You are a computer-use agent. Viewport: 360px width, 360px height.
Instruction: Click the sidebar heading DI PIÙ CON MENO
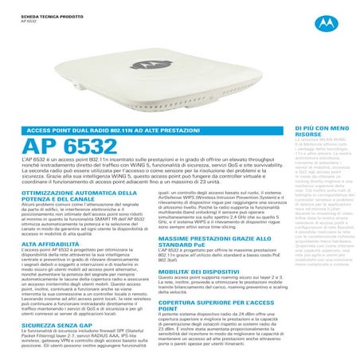(322, 127)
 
